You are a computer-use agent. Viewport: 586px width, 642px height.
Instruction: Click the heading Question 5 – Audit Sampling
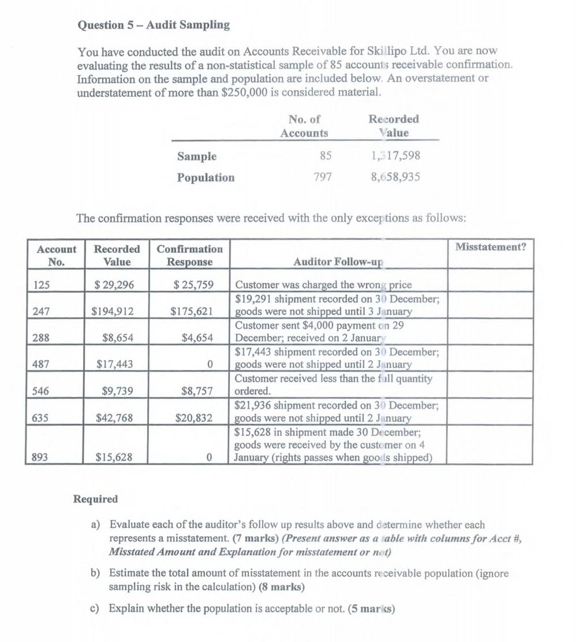154,25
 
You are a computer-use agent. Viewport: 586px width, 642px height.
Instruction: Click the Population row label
206,177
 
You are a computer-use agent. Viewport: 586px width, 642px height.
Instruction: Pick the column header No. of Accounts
304,126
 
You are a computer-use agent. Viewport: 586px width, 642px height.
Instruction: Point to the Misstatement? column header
490,247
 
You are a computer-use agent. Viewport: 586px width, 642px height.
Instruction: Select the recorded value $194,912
113,311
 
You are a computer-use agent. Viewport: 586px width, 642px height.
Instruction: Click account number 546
41,391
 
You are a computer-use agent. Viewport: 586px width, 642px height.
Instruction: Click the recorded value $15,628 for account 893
113,457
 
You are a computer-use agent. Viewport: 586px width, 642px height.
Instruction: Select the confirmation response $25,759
193,285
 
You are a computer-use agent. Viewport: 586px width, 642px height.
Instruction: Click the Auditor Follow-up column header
338,262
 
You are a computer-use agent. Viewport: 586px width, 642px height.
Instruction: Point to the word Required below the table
95,499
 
